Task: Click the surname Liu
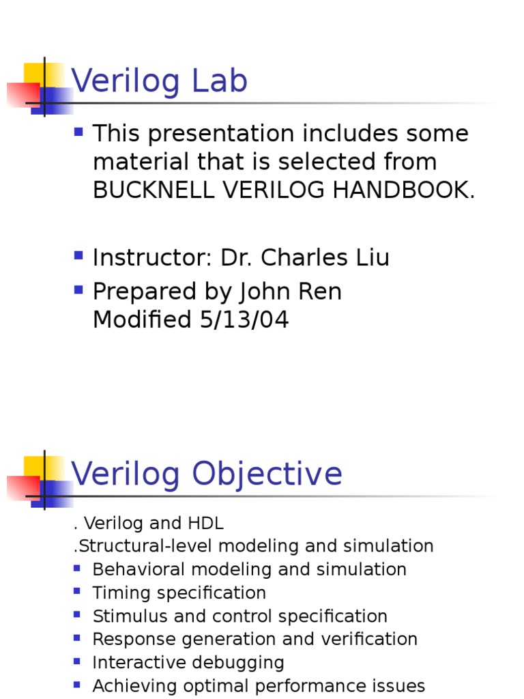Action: click(371, 258)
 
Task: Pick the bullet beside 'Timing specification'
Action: click(77, 590)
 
